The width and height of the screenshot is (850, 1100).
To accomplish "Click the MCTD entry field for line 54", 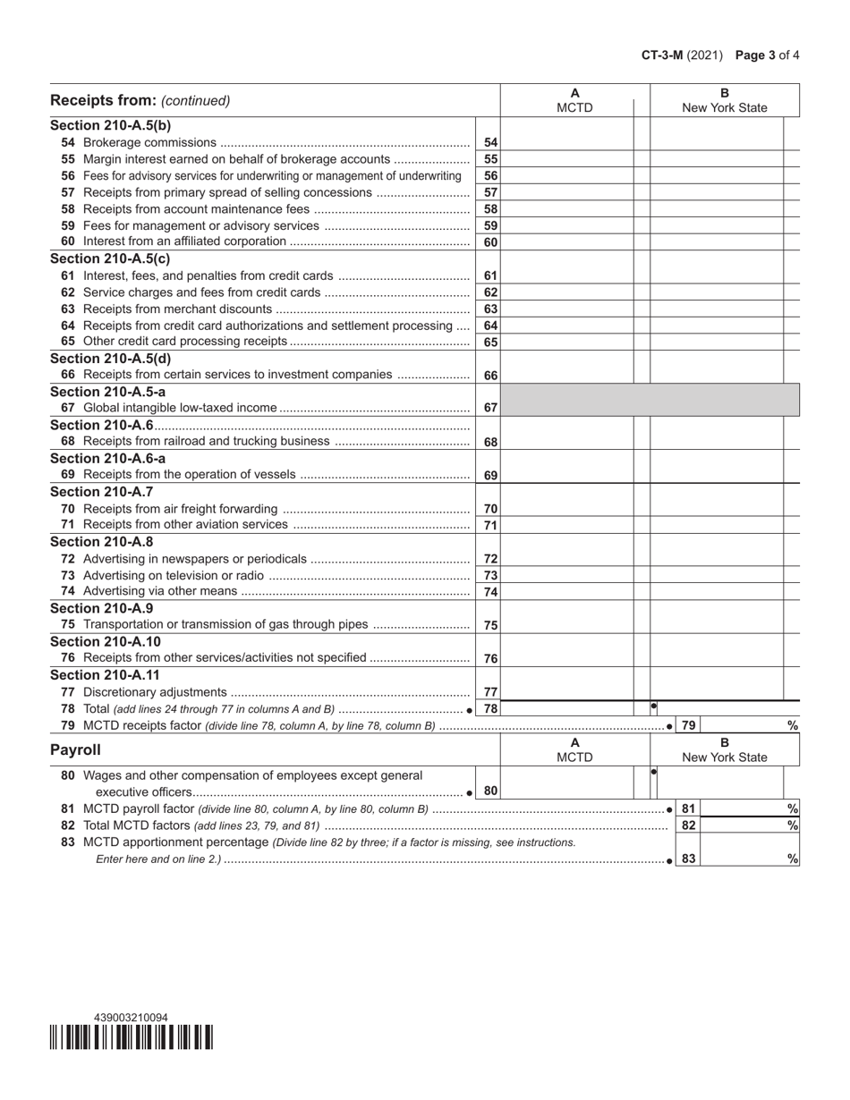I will coord(566,142).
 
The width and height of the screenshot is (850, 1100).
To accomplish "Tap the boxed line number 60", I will coord(490,242).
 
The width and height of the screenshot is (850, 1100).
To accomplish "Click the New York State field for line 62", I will coord(716,292).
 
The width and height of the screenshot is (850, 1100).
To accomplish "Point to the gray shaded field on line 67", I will coord(649,400).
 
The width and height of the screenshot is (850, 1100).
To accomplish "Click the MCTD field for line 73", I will coord(566,575).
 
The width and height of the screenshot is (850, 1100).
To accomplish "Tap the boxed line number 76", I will coord(490,658).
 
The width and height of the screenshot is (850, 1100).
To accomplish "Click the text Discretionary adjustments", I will coord(154,691).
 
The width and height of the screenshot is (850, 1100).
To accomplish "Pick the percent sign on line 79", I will coord(792,725).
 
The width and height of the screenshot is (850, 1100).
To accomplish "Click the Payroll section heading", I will coord(75,749).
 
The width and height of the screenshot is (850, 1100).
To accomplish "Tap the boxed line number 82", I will coord(688,825).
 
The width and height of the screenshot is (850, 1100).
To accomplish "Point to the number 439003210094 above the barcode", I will coord(131,1018).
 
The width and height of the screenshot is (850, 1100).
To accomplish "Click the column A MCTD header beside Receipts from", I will coord(574,100).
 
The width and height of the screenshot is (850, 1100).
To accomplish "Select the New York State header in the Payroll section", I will coord(724,757).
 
